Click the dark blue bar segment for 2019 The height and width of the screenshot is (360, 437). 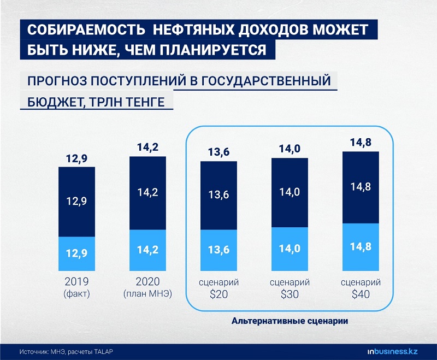coord(76,201)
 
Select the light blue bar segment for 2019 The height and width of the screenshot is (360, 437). coord(76,253)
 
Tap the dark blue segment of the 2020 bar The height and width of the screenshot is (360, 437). coord(147,193)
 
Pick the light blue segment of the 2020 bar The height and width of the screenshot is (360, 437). coord(147,250)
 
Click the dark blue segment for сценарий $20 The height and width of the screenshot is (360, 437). coord(218,196)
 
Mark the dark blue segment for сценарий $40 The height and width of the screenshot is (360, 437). coord(361,187)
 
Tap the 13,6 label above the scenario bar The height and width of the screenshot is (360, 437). coord(218,152)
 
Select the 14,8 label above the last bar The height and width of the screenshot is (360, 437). coord(361,143)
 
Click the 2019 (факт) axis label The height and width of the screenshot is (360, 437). coord(76,288)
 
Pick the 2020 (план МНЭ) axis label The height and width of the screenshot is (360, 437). coord(147,288)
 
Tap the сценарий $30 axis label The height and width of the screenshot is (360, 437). coord(290,288)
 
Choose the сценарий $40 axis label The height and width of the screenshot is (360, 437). coord(361,288)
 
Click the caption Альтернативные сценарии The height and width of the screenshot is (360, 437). coord(290,321)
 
